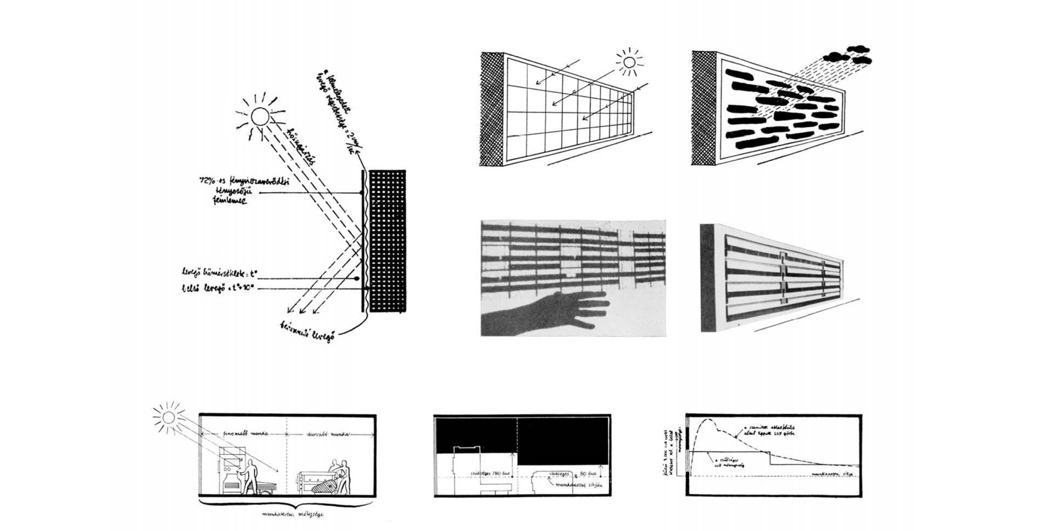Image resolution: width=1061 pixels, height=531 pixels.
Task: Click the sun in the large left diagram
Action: tap(260, 116)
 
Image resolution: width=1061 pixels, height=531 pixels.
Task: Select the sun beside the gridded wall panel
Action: tap(629, 63)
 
